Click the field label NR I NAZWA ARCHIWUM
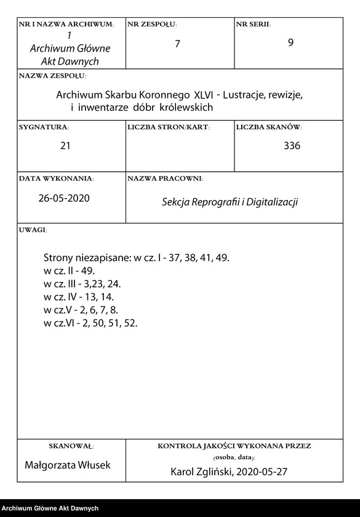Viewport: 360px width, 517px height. (66, 24)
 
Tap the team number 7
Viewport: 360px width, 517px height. (177, 45)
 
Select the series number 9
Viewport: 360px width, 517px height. (290, 43)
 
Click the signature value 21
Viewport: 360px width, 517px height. (66, 146)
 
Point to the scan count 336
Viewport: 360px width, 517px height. (292, 146)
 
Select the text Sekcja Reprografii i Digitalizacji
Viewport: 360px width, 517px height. (230, 202)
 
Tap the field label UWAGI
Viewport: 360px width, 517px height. (33, 230)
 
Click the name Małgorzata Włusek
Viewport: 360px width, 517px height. (68, 465)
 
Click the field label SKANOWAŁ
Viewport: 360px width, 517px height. (71, 445)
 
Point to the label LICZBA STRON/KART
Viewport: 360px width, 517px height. (169, 127)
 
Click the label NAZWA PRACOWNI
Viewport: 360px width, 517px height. (165, 178)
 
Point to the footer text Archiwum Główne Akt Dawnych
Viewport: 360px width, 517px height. (50, 508)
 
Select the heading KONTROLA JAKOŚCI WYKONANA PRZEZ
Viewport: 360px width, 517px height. (234, 445)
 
